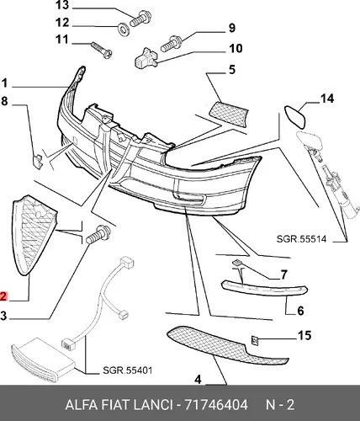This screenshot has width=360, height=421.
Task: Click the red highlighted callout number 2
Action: coord(3,296)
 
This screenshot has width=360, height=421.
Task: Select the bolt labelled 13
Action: coord(140,18)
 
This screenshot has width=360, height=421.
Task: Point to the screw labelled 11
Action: coord(102,50)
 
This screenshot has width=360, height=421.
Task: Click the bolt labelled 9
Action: coord(172,45)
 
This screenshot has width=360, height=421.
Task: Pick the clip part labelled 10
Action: coord(146,58)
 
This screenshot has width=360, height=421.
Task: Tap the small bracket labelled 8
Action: coord(38,162)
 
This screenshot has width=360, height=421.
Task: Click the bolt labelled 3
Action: coord(98,235)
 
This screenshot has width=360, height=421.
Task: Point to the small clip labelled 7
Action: coord(237,263)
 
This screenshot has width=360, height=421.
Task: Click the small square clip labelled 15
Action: coord(255,341)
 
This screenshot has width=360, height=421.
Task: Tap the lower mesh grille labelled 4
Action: coord(226,345)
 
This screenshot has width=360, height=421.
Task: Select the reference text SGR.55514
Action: coord(301,239)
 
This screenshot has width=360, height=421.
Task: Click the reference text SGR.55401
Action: coord(127,370)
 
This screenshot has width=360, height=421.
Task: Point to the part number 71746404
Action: coord(216,405)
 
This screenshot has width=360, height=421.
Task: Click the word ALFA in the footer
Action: coord(82,405)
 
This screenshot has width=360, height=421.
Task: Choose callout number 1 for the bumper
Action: coord(4,83)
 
